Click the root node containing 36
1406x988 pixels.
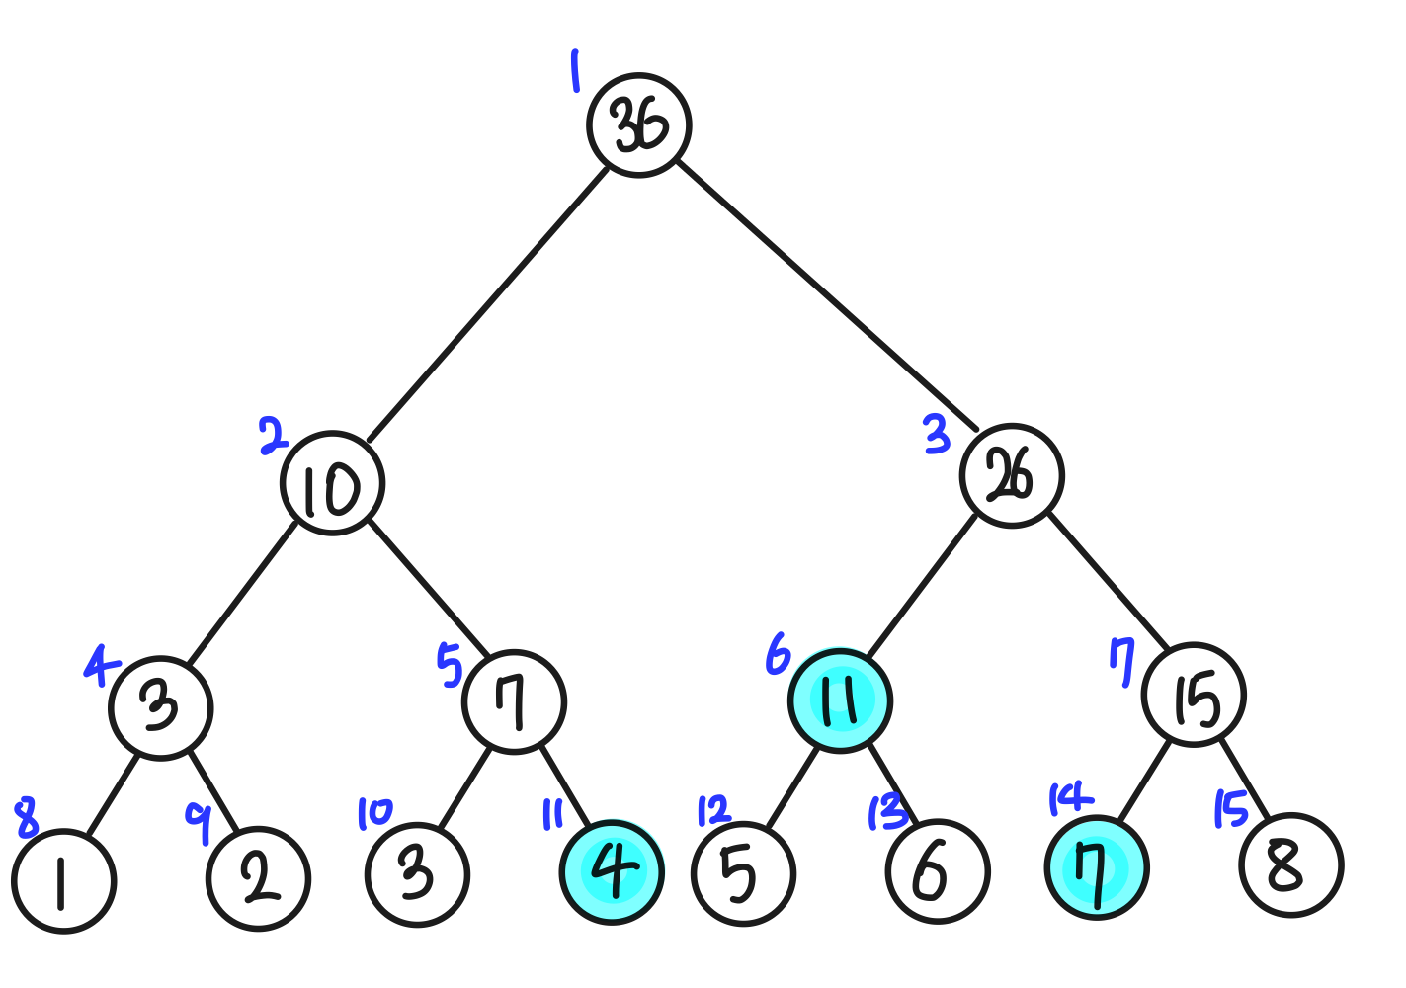point(638,125)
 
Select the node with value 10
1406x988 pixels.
point(332,483)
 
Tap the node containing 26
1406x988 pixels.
point(1011,475)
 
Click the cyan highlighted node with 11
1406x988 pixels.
point(840,700)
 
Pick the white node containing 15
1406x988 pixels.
point(1194,695)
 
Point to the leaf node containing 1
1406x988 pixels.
point(64,880)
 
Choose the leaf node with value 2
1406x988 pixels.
point(259,878)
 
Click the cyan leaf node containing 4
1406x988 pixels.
point(612,872)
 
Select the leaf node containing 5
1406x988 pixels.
point(743,872)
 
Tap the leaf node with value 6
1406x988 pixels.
point(937,871)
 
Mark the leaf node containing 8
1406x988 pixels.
point(1290,865)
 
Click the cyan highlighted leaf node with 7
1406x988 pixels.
point(1096,867)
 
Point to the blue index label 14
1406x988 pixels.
point(1069,798)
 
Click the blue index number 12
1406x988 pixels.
point(713,810)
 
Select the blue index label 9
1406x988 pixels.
point(199,822)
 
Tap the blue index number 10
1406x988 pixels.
point(374,814)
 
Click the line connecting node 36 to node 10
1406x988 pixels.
point(488,303)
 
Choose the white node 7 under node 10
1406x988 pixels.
point(514,702)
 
